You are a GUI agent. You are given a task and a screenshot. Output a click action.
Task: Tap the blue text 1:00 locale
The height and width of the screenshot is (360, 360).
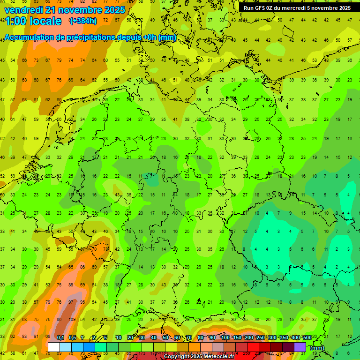33,21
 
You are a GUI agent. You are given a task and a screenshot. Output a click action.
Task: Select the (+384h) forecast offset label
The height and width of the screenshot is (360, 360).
83,21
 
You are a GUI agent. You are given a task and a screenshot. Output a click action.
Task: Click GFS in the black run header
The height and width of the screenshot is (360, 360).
262,8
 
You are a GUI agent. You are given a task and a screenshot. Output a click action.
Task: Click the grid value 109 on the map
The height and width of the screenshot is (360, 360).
59,320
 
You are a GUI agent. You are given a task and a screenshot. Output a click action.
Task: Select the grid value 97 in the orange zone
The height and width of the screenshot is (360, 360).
71,302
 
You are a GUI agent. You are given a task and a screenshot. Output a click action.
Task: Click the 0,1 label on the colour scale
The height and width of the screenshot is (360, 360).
60,338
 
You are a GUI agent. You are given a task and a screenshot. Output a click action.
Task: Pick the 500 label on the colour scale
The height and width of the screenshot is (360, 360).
307,338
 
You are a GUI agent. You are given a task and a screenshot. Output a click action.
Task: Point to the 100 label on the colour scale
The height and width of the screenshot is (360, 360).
225,338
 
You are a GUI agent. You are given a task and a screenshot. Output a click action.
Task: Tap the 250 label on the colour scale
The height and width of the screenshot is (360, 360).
261,338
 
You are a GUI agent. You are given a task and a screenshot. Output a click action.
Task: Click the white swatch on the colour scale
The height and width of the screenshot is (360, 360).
54,347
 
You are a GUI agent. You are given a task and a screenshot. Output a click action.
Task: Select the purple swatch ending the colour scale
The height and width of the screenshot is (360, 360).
300,347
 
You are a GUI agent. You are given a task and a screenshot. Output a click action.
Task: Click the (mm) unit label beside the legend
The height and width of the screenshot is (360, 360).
317,348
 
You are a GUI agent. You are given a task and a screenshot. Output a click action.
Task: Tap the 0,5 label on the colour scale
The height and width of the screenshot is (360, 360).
72,338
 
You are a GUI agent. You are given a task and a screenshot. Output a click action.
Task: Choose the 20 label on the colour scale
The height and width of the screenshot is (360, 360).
130,338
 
